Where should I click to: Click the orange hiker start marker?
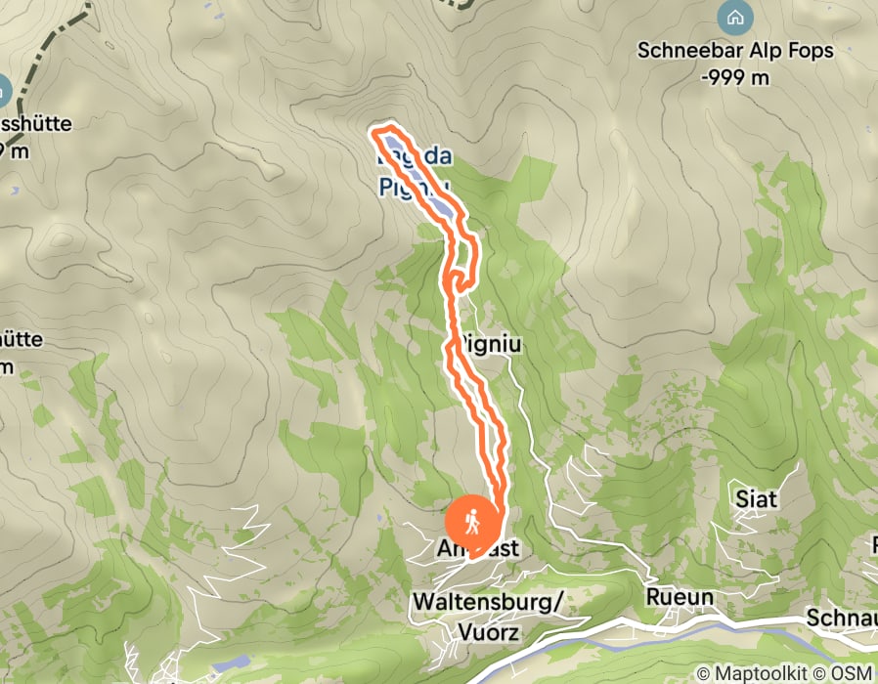472,522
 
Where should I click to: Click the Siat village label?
757,499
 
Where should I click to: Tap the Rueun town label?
680,596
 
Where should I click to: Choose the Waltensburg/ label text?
488,602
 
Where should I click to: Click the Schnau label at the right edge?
842,618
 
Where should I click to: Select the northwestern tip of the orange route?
373,131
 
